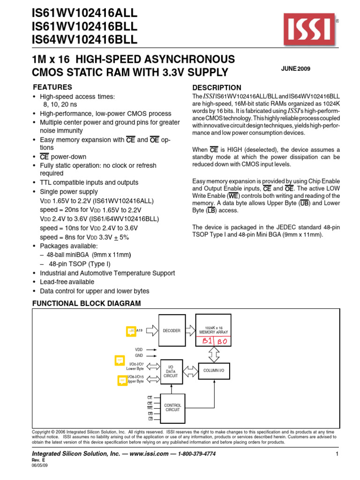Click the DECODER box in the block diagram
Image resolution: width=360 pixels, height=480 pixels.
tap(172, 331)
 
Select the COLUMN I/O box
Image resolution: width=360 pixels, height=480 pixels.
tap(214, 371)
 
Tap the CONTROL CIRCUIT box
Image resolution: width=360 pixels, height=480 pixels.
tap(172, 407)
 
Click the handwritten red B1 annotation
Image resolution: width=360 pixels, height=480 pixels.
tap(208, 342)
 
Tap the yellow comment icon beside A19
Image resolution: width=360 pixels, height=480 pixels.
tap(130, 331)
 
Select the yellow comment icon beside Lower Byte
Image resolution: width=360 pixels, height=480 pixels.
tap(120, 361)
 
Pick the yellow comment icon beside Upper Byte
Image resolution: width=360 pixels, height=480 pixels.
tap(122, 380)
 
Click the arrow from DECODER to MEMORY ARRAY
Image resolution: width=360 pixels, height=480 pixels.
tap(192, 331)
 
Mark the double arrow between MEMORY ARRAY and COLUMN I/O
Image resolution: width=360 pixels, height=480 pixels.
tap(214, 355)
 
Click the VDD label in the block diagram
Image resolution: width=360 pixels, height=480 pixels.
tap(139, 350)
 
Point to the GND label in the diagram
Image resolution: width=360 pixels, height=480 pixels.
tap(139, 355)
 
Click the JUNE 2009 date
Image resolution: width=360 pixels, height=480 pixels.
tap(296, 69)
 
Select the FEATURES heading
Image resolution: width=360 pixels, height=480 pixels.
tap(52, 87)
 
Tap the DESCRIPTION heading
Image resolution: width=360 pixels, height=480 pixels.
tap(217, 88)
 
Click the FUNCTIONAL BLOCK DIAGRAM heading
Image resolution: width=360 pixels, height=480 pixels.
tap(86, 303)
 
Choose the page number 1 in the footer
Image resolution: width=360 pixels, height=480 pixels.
tap(337, 455)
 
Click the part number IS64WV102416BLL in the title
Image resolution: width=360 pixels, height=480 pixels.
tap(85, 40)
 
